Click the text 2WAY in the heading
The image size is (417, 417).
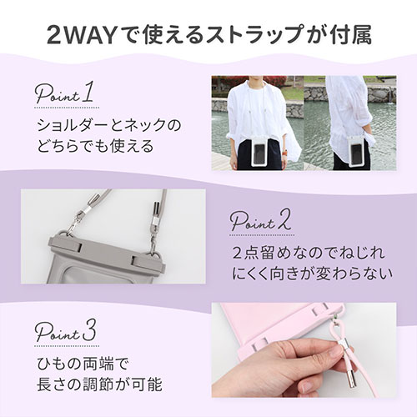point(82,35)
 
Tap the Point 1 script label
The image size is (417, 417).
point(64,93)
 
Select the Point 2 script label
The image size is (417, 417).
point(261,222)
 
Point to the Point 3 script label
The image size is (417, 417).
point(66,331)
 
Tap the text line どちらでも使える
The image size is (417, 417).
point(95,146)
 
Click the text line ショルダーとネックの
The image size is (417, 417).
point(109,125)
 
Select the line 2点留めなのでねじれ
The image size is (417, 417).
point(309,253)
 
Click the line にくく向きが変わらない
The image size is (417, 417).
point(313,274)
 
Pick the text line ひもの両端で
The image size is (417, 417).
point(83,364)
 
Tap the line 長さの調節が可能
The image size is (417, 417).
point(99,384)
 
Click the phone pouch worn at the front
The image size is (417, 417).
point(261,152)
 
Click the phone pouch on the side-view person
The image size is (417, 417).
point(357,152)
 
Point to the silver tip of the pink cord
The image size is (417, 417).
point(351,379)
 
